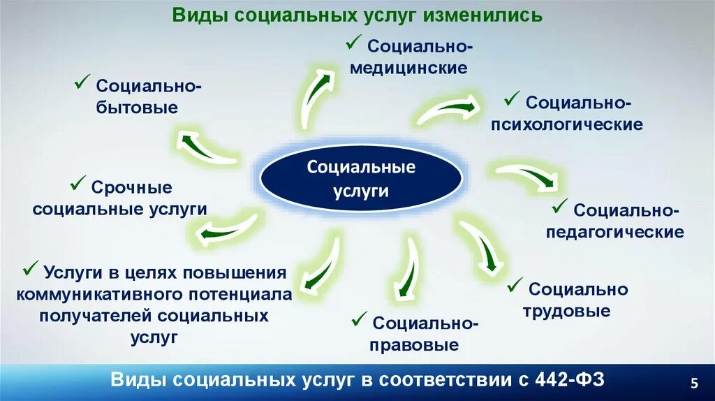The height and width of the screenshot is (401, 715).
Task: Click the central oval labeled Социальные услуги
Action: tap(361, 179)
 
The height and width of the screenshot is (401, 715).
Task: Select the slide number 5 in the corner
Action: tap(693, 382)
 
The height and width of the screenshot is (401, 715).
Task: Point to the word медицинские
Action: tap(408, 68)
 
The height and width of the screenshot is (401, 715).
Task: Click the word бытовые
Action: tap(137, 108)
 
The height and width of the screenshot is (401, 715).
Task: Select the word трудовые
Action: tap(566, 312)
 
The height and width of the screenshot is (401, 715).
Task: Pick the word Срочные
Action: tap(131, 188)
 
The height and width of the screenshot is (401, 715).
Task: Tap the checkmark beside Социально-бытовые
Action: tap(81, 84)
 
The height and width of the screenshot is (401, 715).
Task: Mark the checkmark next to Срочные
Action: tap(77, 185)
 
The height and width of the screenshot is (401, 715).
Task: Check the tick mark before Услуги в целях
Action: tap(31, 269)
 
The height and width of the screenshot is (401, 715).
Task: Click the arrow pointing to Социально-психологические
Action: tap(448, 110)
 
